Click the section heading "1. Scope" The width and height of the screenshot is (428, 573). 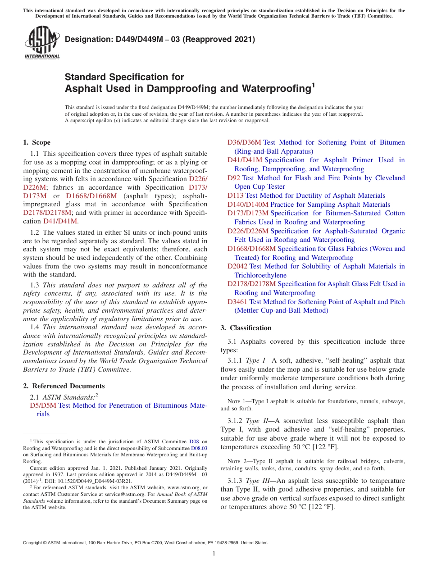point(36,142)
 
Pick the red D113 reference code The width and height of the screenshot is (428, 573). point(235,196)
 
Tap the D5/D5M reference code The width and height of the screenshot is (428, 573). point(43,405)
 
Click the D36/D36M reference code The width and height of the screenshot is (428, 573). point(244,142)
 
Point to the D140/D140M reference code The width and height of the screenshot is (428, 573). point(248,205)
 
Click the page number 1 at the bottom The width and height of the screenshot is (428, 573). point(214,553)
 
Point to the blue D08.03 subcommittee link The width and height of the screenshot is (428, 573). point(199,448)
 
